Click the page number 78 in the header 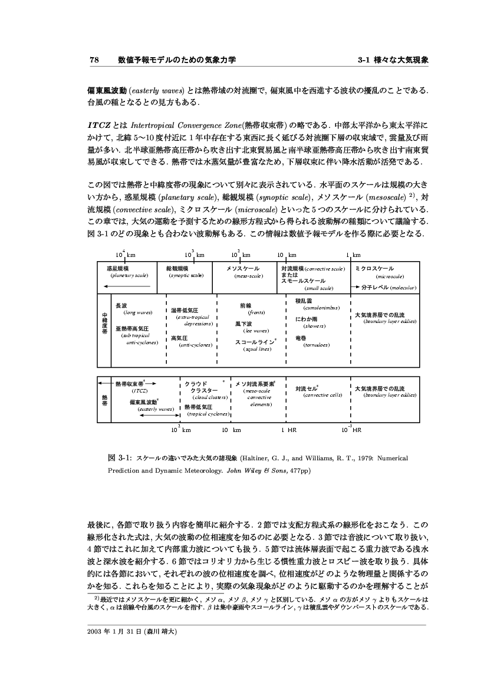93,60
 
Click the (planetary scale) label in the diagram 131,275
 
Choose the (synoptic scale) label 186,275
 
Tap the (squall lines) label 256,349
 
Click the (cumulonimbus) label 320,307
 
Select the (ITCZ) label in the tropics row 140,390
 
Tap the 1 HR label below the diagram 288,430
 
